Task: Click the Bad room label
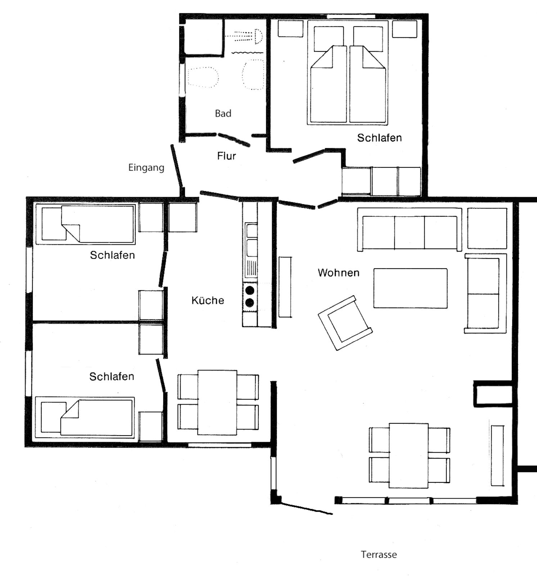(x=223, y=113)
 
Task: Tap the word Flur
(x=226, y=156)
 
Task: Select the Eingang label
(x=146, y=168)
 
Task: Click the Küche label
(x=208, y=300)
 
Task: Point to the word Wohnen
(x=339, y=273)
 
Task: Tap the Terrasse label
(x=379, y=554)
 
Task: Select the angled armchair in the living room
(x=345, y=323)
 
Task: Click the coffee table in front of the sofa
(x=410, y=288)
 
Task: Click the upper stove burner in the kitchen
(x=250, y=290)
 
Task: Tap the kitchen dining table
(x=217, y=402)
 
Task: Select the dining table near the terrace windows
(x=409, y=455)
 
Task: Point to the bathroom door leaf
(x=234, y=140)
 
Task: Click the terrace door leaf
(x=307, y=508)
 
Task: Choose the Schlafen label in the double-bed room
(x=379, y=138)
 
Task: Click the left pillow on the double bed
(x=329, y=39)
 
